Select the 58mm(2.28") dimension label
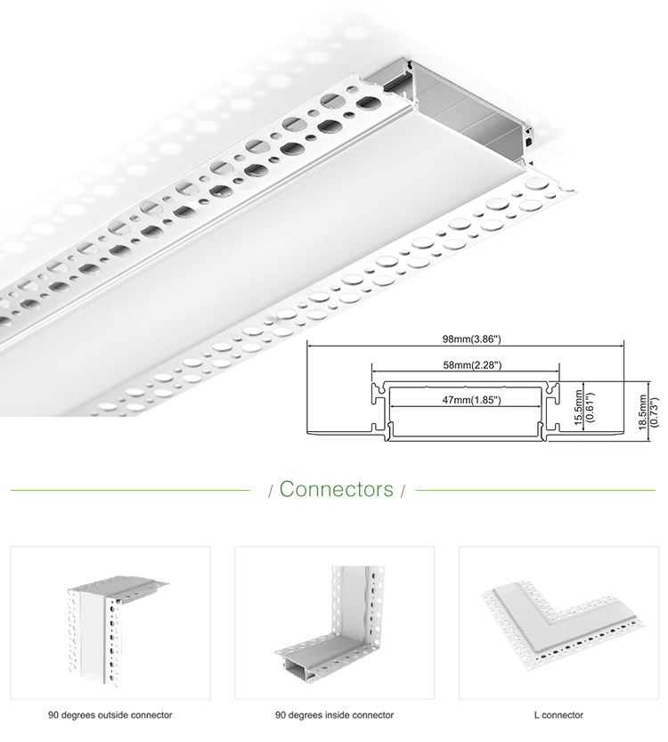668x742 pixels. (x=465, y=364)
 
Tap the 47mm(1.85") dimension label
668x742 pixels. (x=465, y=401)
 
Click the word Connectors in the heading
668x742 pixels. (x=336, y=489)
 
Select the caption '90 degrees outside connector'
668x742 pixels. (x=110, y=714)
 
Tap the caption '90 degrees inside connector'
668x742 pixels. (x=334, y=714)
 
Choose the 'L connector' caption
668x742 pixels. (x=558, y=714)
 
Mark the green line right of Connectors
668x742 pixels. (x=535, y=490)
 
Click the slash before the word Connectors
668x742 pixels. (x=271, y=491)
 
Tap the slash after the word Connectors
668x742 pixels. (x=403, y=491)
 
